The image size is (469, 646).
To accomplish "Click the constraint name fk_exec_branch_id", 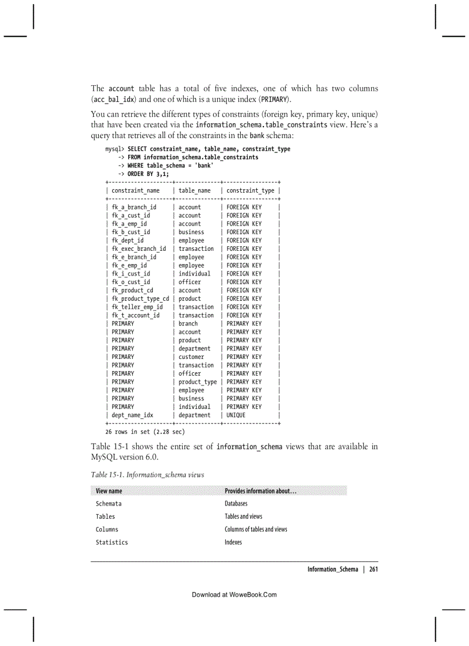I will tap(139, 249).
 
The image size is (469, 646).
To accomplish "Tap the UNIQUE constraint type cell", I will tap(236, 415).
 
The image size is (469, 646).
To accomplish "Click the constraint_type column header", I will tap(251, 190).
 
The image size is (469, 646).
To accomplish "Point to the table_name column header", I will tap(194, 190).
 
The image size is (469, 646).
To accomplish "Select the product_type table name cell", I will tap(197, 382).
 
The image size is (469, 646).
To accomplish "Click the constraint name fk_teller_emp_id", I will tap(137, 307).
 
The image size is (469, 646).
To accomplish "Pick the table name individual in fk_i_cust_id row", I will tap(194, 274).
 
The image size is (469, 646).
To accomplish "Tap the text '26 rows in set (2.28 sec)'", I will tap(145, 431).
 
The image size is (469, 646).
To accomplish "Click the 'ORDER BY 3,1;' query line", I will tap(144, 174).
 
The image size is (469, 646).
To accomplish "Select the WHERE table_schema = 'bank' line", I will tap(166, 166).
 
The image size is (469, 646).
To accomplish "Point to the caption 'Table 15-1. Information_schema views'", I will tap(147, 475).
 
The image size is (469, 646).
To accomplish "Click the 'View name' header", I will tap(109, 491).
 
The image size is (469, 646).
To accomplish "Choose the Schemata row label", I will tap(109, 504).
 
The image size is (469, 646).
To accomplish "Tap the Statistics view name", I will tap(112, 542).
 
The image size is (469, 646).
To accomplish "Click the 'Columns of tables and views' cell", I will tap(256, 529).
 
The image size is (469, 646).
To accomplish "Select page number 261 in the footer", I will tap(373, 569).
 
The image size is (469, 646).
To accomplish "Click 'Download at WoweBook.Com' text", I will tap(234, 595).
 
